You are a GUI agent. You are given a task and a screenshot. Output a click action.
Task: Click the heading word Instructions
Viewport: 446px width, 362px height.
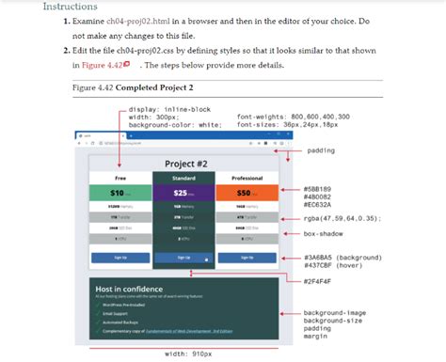[x=70, y=7]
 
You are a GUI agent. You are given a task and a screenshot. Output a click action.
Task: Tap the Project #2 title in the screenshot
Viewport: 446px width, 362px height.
[x=185, y=164]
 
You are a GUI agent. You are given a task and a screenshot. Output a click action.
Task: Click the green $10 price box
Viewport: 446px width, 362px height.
[x=120, y=193]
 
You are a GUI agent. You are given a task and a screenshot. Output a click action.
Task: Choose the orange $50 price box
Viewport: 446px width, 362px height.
[x=247, y=193]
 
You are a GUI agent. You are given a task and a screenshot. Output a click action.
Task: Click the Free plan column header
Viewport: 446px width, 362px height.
[x=120, y=177]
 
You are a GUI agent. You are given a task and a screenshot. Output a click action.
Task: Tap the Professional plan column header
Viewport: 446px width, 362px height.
[x=247, y=177]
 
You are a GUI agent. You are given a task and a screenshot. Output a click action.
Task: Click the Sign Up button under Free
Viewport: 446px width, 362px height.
[x=120, y=257]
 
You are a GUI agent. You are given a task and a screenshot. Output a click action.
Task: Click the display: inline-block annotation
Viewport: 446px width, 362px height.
[x=167, y=109]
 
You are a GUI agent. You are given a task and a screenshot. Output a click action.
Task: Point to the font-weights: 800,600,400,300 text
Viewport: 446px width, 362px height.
[x=293, y=117]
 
